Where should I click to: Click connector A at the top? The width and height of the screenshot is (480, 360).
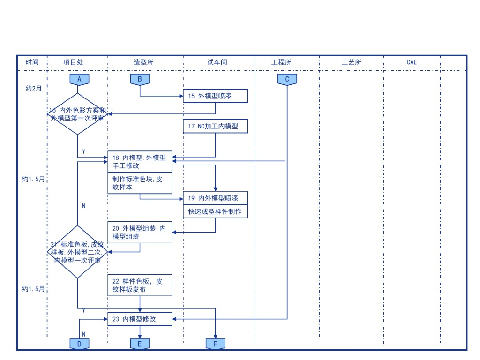click(79, 79)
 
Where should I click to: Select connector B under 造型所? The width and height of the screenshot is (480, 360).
click(140, 79)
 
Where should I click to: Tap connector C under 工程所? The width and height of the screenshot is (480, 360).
click(287, 79)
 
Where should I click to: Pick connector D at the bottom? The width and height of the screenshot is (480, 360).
click(79, 344)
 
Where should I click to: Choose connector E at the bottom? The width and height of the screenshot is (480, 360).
click(140, 344)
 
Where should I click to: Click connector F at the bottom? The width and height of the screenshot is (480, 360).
click(216, 344)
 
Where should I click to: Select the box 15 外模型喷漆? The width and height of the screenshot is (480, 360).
click(215, 96)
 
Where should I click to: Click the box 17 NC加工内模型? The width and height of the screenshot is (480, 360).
click(215, 126)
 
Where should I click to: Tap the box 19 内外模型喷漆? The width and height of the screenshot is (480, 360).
click(215, 198)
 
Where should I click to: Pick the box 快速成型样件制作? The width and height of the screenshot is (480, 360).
click(215, 211)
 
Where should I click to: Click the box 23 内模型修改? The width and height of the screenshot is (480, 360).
click(140, 319)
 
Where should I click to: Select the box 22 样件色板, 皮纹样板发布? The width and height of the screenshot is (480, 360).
click(140, 285)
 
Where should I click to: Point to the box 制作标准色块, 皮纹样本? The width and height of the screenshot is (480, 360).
click(140, 183)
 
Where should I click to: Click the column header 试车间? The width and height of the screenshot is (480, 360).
click(217, 62)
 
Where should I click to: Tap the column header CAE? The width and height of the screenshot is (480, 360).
click(412, 62)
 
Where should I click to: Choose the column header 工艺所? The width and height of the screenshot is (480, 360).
click(352, 62)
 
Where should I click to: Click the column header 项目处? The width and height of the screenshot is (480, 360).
click(74, 62)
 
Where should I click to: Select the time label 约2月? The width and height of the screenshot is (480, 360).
click(34, 88)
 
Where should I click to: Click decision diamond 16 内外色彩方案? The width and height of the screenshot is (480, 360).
click(78, 114)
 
